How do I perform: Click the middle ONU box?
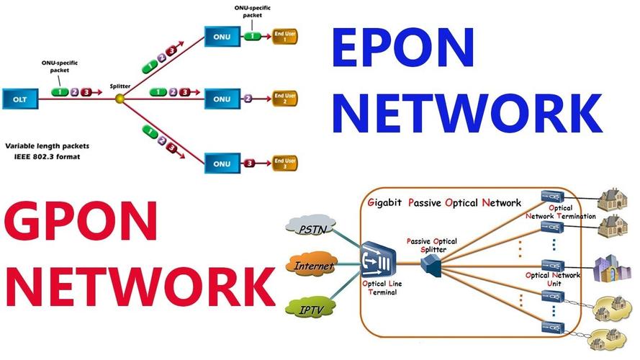(x=222, y=96)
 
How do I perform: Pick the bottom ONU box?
(x=222, y=163)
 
